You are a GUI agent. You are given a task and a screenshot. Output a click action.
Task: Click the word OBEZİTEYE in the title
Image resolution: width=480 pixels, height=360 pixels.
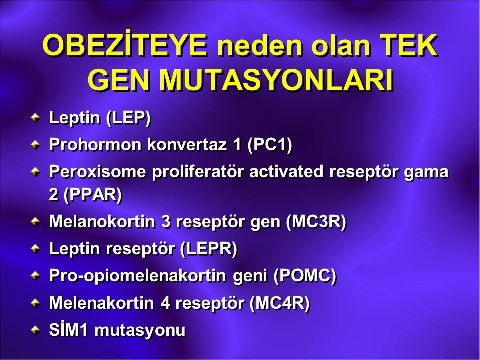coord(125,45)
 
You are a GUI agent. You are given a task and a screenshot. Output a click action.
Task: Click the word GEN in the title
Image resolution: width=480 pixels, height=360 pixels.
coord(120,80)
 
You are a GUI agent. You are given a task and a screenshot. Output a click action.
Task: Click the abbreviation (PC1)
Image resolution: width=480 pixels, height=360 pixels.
coord(270,145)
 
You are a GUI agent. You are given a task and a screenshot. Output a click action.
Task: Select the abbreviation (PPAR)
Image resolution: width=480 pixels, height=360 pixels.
coord(93,195)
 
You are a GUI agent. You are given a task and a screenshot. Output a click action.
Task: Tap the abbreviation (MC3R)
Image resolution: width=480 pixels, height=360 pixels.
coord(316,222)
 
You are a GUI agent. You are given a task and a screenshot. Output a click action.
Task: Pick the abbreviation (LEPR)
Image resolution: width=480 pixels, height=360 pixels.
coord(209,249)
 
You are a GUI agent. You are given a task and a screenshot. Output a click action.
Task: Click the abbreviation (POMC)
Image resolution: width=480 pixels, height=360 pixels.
coord(305,276)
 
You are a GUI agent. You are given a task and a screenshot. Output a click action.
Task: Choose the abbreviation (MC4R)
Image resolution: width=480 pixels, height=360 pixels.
coord(280,303)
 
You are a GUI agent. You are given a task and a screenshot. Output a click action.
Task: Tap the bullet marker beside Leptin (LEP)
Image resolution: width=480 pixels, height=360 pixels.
coord(36,118)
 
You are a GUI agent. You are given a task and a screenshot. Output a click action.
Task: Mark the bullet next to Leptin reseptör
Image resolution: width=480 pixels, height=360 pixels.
coord(36,249)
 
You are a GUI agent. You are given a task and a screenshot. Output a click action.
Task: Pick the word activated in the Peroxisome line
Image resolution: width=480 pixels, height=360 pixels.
coord(286,171)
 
